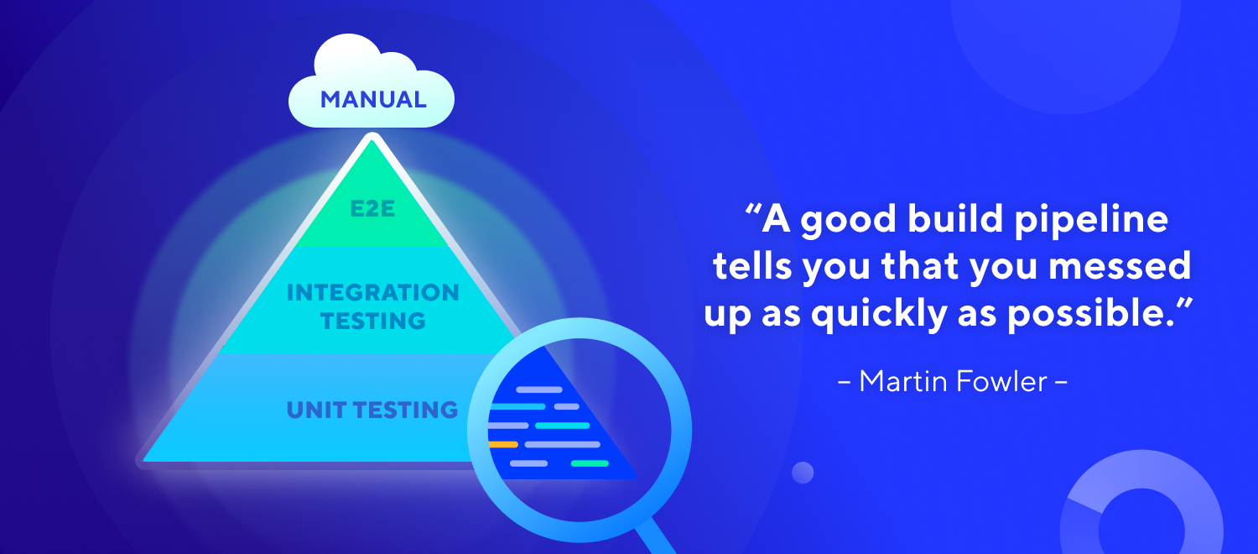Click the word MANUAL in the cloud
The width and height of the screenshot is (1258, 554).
(373, 100)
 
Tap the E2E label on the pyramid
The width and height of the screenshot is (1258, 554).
(373, 209)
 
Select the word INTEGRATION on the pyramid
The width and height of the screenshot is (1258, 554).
(373, 293)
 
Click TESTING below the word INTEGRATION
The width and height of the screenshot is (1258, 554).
(373, 321)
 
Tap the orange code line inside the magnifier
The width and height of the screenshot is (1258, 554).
(503, 444)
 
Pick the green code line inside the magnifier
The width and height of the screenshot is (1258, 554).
(590, 463)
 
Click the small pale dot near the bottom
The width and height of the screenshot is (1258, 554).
(803, 473)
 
